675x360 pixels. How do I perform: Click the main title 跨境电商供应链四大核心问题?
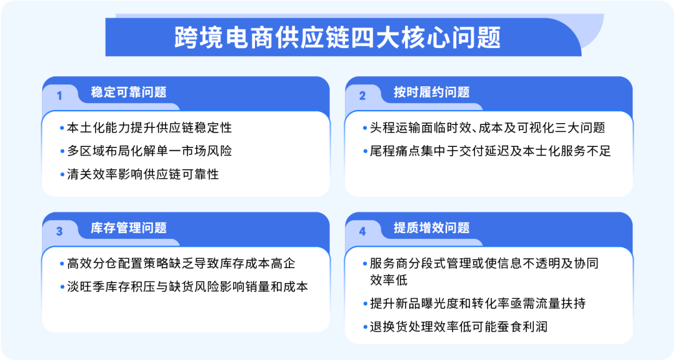click(337, 37)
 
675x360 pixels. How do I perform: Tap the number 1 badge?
click(59, 96)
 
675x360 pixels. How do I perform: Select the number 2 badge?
click(362, 96)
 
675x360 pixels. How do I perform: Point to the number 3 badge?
click(59, 231)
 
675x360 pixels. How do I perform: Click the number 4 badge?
click(362, 231)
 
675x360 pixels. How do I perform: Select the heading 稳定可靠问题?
click(129, 92)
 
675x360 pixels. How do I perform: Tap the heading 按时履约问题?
click(431, 92)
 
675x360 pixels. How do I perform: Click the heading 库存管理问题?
click(129, 228)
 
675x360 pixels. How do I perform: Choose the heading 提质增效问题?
click(431, 228)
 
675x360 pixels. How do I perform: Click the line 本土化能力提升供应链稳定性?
click(149, 127)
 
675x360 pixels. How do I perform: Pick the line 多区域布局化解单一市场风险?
click(149, 151)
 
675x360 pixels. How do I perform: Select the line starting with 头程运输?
click(487, 127)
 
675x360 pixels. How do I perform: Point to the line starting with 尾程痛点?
click(490, 151)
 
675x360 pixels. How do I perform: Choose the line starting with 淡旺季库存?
click(187, 287)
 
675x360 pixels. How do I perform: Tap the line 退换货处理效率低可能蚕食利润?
click(458, 326)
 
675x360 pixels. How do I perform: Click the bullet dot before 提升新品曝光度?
click(365, 304)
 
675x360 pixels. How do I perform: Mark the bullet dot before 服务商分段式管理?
click(365, 264)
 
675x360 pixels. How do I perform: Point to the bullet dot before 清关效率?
click(62, 175)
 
